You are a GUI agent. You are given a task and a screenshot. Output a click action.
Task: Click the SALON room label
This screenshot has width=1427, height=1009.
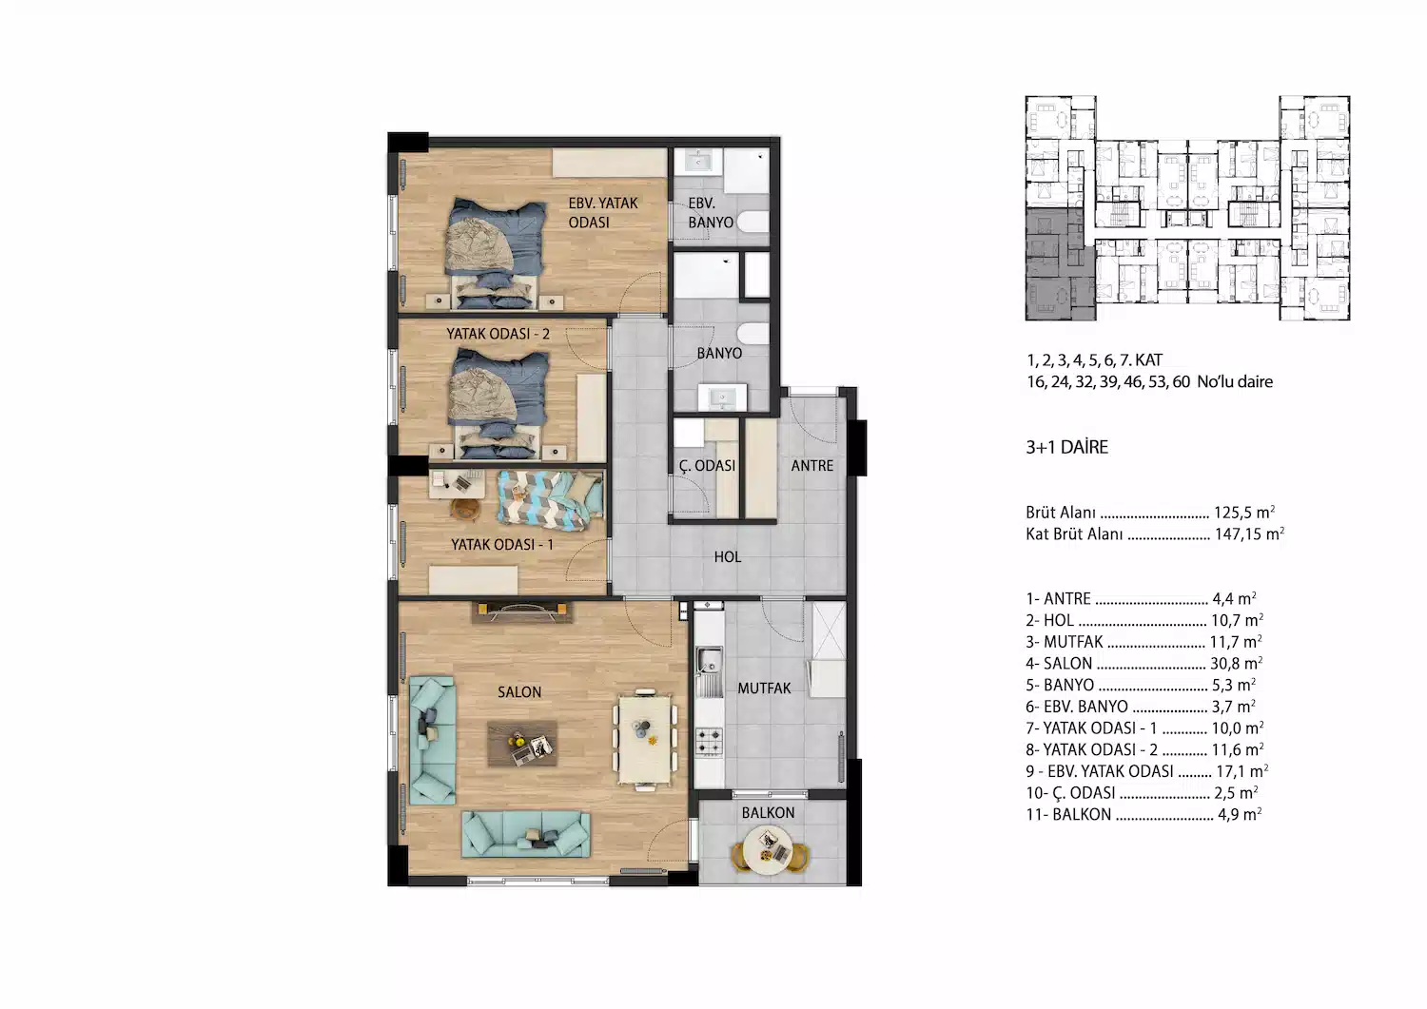[519, 692]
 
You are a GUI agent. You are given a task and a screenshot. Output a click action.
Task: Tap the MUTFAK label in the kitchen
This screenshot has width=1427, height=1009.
[764, 688]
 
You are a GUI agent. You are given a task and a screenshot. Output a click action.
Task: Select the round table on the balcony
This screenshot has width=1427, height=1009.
[769, 850]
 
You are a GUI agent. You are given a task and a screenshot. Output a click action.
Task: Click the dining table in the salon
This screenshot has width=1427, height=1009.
[645, 739]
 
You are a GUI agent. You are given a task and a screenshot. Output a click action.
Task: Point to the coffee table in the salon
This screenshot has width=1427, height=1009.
[522, 744]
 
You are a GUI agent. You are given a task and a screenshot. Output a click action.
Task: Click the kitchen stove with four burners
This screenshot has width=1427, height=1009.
[709, 742]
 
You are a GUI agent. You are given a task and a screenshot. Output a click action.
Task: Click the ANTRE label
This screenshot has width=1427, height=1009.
[812, 466]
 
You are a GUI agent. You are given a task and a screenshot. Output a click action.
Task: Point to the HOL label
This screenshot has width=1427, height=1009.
[728, 557]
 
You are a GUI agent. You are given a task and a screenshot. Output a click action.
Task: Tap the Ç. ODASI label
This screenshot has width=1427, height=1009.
[707, 466]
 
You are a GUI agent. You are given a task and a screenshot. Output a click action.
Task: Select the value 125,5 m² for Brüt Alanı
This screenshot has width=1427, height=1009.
[1244, 513]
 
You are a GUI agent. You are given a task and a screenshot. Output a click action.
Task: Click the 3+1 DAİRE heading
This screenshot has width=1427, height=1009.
[1067, 447]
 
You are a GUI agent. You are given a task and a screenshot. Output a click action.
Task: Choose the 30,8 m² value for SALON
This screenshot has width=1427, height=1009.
[1237, 663]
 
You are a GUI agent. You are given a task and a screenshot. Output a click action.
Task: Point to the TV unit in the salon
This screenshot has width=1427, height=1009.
[522, 612]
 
